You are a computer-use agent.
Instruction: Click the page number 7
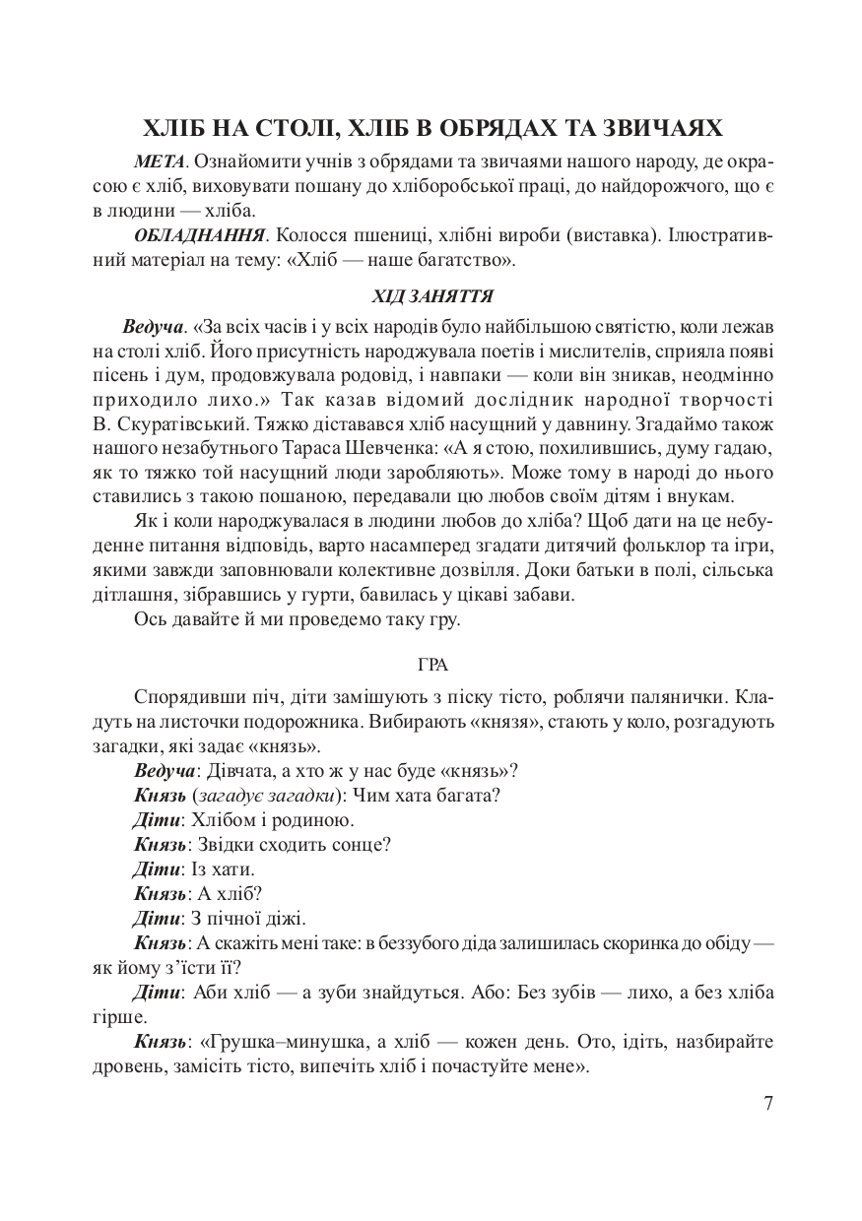click(768, 1102)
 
